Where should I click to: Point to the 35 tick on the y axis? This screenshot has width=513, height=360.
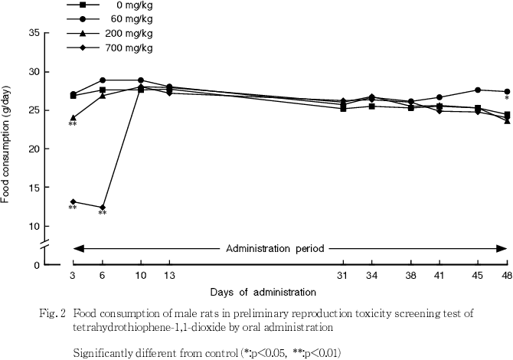[34, 33]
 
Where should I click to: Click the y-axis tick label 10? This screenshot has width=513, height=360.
[34, 226]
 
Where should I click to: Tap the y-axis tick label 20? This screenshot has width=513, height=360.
[34, 149]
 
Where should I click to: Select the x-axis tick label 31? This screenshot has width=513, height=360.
[343, 275]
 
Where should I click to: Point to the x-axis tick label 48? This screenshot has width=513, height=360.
[507, 275]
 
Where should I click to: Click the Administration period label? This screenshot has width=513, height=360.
[274, 248]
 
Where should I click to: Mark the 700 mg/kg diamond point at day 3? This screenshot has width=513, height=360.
[73, 201]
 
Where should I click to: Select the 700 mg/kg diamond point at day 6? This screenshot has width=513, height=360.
[102, 207]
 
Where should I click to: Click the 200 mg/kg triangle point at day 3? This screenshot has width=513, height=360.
[73, 118]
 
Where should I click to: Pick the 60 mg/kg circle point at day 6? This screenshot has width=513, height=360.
[102, 80]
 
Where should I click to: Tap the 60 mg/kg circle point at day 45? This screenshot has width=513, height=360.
[478, 90]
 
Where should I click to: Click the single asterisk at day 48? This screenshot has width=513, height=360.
[507, 99]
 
